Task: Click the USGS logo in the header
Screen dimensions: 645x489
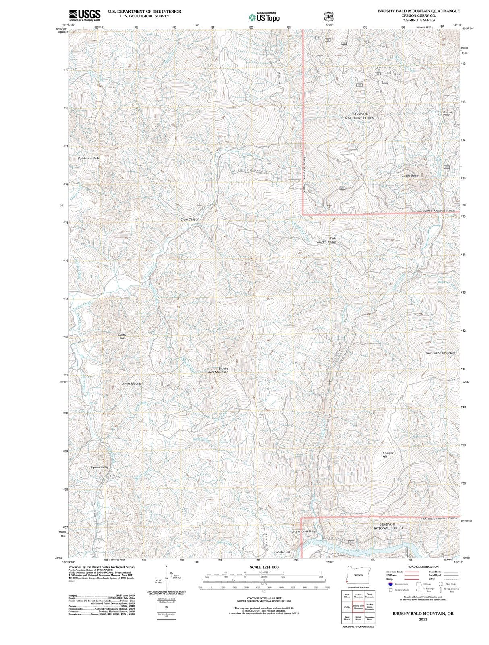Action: pyautogui.click(x=85, y=15)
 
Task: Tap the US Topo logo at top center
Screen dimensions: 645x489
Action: pyautogui.click(x=264, y=17)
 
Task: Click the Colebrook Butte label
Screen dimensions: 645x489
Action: pyautogui.click(x=89, y=158)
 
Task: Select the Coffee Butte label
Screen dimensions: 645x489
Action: pyautogui.click(x=410, y=176)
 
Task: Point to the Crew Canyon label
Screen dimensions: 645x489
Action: pyautogui.click(x=190, y=219)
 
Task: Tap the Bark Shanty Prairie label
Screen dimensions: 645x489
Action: pyautogui.click(x=326, y=240)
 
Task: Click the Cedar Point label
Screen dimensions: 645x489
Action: pyautogui.click(x=122, y=337)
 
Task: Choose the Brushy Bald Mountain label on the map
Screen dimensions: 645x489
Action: pyautogui.click(x=218, y=370)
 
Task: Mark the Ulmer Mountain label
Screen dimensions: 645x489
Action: pyautogui.click(x=133, y=383)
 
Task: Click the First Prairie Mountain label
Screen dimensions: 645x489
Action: pyautogui.click(x=440, y=353)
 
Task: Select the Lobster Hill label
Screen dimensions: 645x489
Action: pyautogui.click(x=387, y=455)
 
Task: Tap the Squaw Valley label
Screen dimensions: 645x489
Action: pyautogui.click(x=99, y=467)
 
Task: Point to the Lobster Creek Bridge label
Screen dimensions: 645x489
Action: pyautogui.click(x=304, y=531)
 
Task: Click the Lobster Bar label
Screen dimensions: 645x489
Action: pyautogui.click(x=282, y=552)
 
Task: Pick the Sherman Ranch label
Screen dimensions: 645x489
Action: pyautogui.click(x=448, y=113)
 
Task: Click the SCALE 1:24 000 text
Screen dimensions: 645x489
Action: pyautogui.click(x=264, y=567)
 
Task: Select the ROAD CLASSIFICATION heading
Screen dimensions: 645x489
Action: pyautogui.click(x=423, y=567)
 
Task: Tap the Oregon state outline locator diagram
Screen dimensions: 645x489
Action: pyautogui.click(x=357, y=574)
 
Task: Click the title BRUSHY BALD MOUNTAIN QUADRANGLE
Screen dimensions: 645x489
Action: pyautogui.click(x=419, y=11)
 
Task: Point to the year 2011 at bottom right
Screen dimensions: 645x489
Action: pyautogui.click(x=423, y=619)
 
